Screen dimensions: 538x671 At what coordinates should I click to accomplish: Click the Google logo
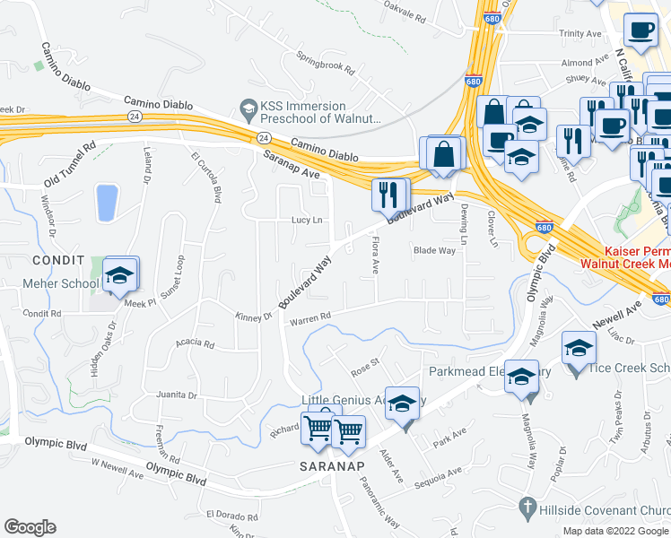coord(30,527)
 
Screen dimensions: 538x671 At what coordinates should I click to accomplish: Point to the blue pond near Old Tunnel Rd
coord(106,202)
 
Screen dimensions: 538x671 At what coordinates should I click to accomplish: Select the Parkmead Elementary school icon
coord(521,377)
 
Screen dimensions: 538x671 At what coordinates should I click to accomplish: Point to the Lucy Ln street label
coord(306,220)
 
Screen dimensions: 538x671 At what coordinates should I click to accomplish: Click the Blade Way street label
coord(434,251)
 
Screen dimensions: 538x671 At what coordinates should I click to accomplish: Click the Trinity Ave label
coord(579,33)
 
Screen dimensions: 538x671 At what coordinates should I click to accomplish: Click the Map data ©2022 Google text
coord(614,531)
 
